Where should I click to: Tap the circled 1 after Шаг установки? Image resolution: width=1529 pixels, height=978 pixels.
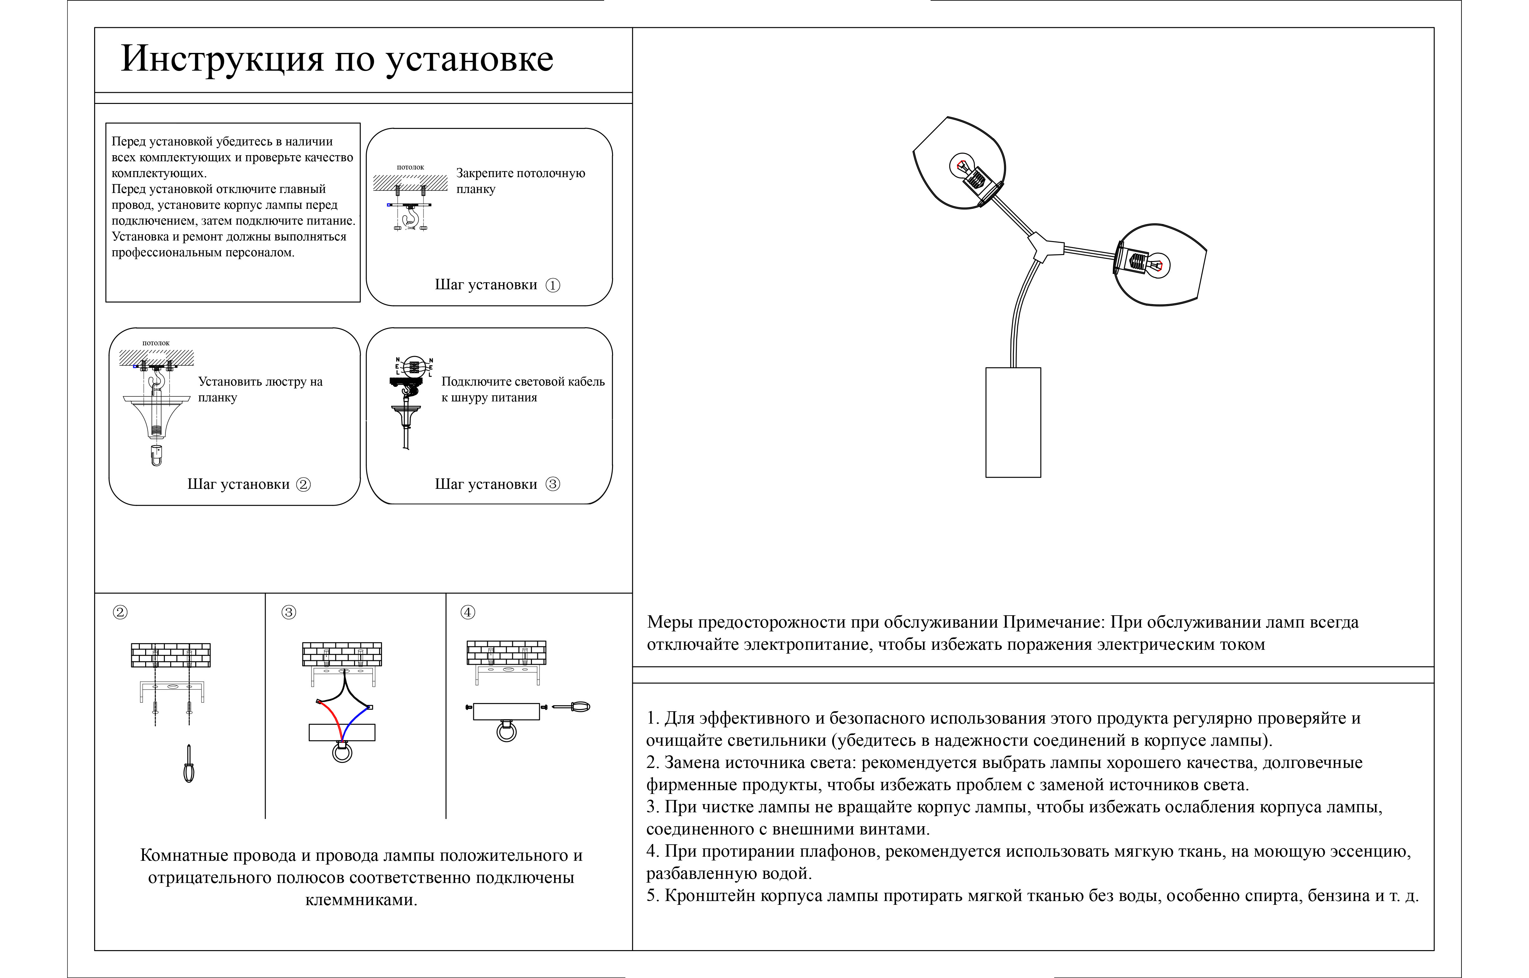[553, 285]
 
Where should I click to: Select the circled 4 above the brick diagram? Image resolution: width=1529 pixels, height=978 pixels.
[468, 612]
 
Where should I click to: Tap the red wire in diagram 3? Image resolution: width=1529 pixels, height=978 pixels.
[330, 714]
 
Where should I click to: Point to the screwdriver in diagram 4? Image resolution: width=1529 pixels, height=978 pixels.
[572, 707]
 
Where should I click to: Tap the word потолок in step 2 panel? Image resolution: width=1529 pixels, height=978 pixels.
[156, 343]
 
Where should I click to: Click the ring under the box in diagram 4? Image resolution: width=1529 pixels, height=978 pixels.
[506, 732]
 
